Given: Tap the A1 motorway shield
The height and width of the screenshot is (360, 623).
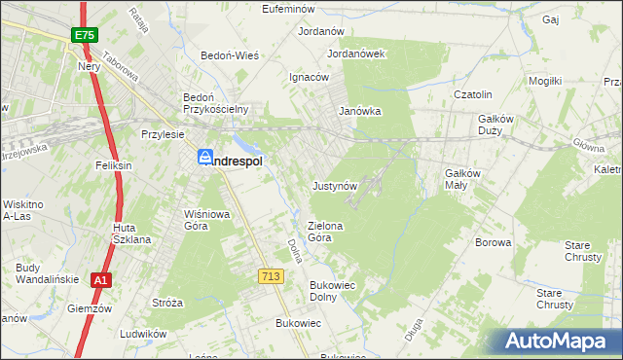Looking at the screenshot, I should [x=99, y=280].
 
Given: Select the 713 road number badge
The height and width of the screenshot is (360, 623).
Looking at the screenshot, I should [x=271, y=277].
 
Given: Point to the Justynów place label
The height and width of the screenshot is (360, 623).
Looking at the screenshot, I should [x=337, y=185].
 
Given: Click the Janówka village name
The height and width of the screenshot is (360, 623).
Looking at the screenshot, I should [x=359, y=111].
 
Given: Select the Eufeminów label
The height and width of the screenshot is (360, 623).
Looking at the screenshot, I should [x=293, y=9].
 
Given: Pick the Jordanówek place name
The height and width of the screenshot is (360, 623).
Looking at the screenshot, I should [x=357, y=54].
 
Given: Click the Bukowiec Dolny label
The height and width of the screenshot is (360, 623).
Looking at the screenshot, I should [x=330, y=291].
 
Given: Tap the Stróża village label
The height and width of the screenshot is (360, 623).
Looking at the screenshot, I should [x=167, y=303].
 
